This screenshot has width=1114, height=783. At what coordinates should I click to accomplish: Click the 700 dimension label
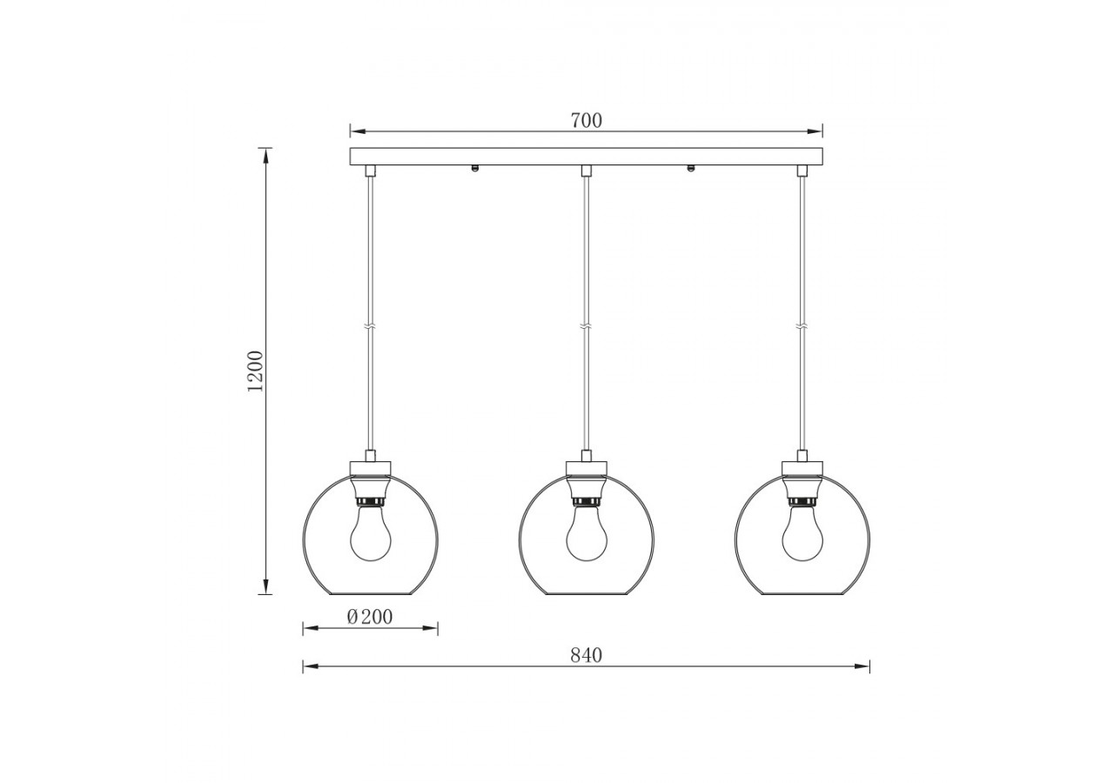click(586, 121)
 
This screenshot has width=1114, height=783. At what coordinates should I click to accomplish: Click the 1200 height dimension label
click(255, 371)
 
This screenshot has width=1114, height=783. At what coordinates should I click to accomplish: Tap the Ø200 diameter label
click(369, 617)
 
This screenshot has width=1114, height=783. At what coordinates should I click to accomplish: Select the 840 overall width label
click(586, 655)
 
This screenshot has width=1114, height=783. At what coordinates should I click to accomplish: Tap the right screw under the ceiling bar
click(691, 169)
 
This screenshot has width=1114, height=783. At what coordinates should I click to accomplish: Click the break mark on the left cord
click(370, 327)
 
